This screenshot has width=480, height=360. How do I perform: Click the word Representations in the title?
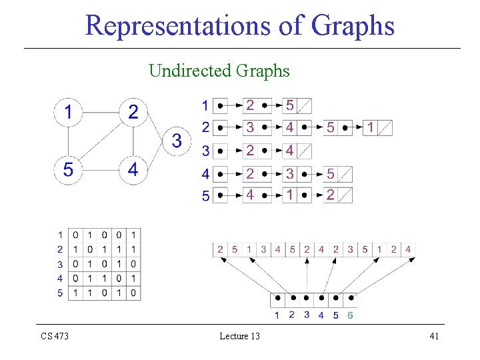point(170,27)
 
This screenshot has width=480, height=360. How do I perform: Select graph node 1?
point(69,112)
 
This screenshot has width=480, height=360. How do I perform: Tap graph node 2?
point(133,112)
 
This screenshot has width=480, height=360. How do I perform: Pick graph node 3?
point(177,141)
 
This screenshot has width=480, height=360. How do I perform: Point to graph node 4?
point(133,170)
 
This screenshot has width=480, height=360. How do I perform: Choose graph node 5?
point(69,170)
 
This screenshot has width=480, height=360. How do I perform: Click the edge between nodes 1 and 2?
point(101,112)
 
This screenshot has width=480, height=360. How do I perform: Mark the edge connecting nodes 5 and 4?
point(101,170)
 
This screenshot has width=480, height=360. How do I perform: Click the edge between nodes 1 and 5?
point(69,141)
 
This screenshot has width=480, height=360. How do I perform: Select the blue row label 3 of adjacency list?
point(205,151)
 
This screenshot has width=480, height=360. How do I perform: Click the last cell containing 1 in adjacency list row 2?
point(371,127)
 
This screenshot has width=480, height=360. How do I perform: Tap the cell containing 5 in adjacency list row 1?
point(290,105)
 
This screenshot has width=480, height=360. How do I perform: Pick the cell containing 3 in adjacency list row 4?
point(290,174)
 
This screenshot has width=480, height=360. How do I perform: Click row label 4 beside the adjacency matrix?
point(60,278)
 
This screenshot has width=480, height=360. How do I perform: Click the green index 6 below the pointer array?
point(350,315)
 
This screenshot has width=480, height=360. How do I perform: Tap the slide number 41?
point(434,336)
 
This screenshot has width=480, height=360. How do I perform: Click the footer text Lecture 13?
point(239,336)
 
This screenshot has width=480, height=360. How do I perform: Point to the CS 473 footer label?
point(55,336)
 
